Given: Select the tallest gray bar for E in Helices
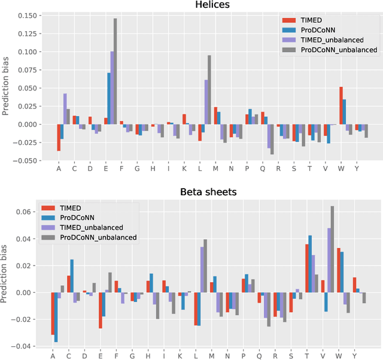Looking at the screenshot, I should coord(115,71).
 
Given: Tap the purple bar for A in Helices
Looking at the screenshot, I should coord(65,109).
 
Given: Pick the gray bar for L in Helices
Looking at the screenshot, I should coord(209,90).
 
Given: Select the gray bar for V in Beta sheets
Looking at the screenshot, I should coord(332,249).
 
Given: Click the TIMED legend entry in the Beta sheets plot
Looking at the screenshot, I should coord(72,208).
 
